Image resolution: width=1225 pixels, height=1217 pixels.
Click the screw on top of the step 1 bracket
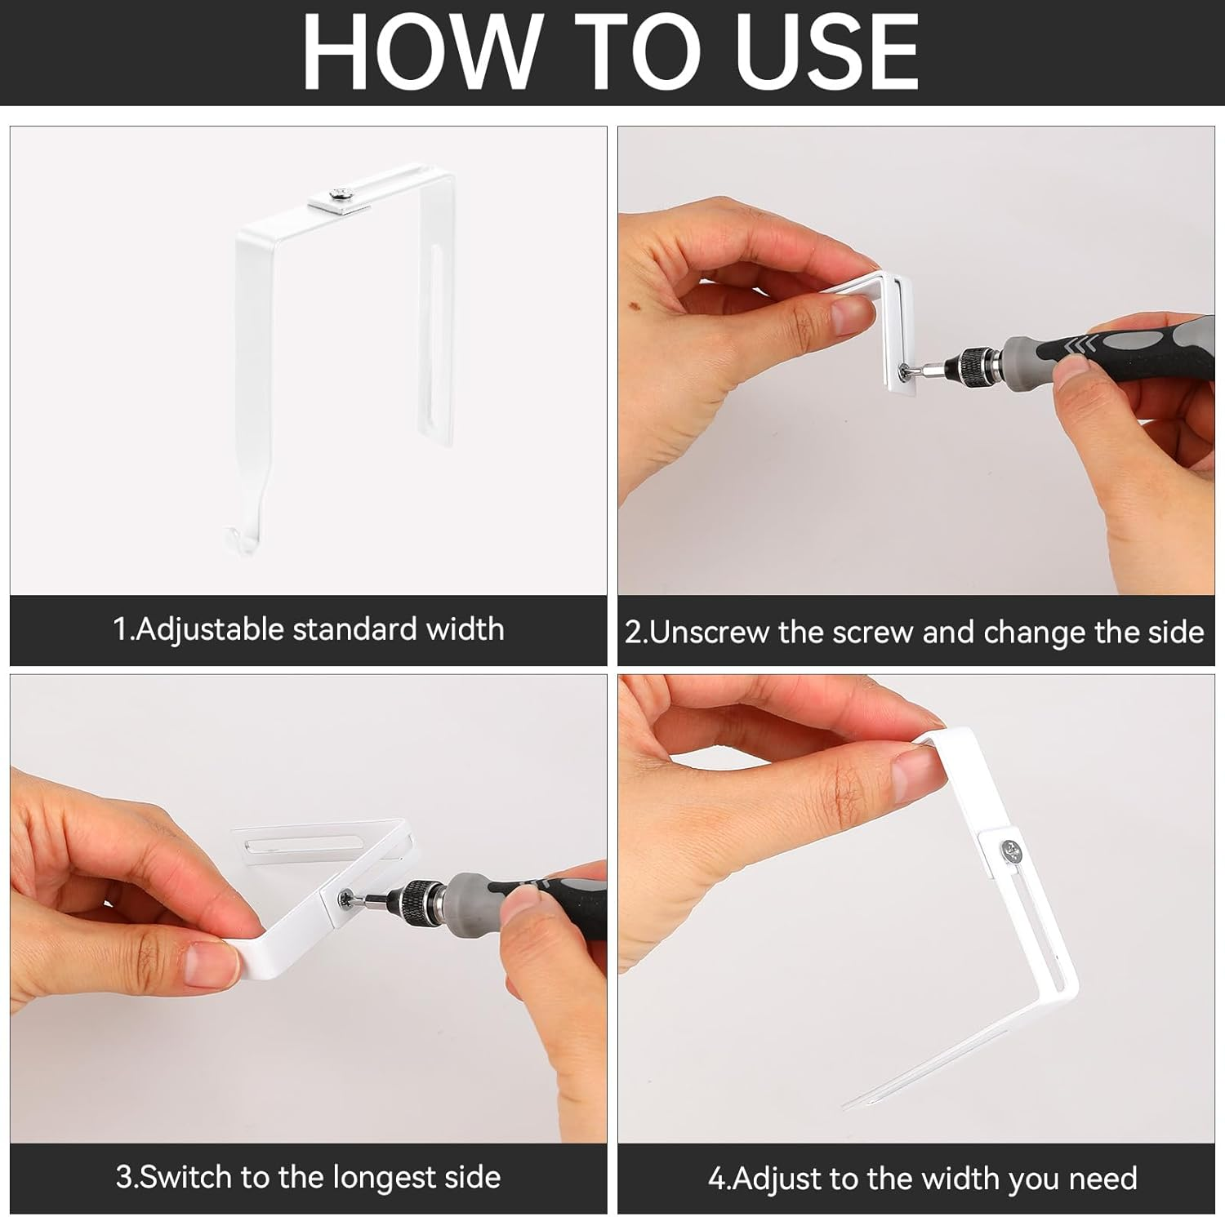click(338, 194)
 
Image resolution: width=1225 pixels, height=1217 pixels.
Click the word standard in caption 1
click(354, 629)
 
